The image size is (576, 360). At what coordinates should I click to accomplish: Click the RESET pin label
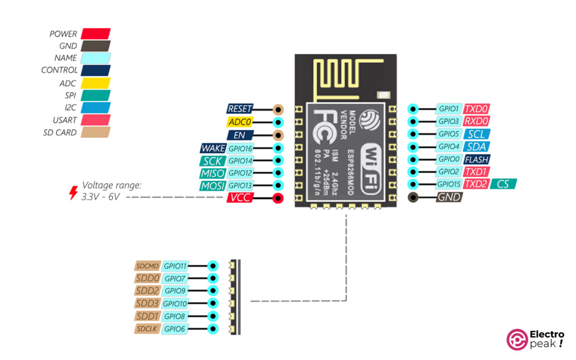click(x=240, y=109)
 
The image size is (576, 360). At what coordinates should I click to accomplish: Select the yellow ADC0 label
click(x=240, y=122)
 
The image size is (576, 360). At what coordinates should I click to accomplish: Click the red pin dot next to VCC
click(x=277, y=198)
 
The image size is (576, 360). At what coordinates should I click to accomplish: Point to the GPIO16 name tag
click(x=240, y=148)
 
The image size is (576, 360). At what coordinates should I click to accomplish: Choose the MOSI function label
click(x=212, y=186)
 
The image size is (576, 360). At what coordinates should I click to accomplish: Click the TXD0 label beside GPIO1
click(x=477, y=109)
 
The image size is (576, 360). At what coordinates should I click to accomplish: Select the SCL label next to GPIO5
click(x=477, y=134)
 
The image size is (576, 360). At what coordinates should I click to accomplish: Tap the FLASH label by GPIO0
click(x=477, y=159)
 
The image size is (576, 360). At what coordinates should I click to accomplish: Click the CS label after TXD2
click(x=504, y=184)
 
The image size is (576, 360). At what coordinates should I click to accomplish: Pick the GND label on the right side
click(x=449, y=197)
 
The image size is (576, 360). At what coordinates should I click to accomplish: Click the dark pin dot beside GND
click(x=413, y=197)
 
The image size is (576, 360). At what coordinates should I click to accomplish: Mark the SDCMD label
click(x=147, y=265)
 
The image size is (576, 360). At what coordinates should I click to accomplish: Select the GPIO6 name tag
click(x=175, y=329)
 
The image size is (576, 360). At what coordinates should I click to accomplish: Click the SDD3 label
click(x=147, y=303)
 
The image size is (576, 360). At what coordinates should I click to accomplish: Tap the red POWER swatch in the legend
click(x=96, y=34)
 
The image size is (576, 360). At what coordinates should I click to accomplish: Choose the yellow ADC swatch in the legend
click(x=96, y=83)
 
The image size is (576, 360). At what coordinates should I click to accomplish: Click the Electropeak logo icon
click(x=517, y=339)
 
